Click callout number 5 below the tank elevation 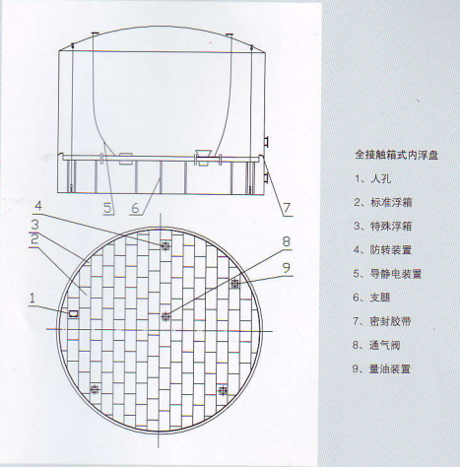(x=108, y=208)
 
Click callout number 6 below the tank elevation (x=136, y=208)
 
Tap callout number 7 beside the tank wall (x=287, y=208)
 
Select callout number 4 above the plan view (x=38, y=206)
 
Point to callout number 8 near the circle (x=287, y=241)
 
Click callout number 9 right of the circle (x=287, y=268)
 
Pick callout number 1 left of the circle (x=33, y=299)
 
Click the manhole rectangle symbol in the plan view (x=74, y=314)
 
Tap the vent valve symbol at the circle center (x=166, y=316)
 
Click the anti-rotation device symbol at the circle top (x=165, y=245)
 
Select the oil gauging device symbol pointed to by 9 (x=234, y=284)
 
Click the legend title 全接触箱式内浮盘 (x=396, y=155)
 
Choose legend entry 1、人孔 (x=372, y=178)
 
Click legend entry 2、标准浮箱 (x=383, y=202)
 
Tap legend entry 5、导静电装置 (x=387, y=274)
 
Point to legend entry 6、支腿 (x=372, y=298)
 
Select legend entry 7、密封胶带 (x=382, y=321)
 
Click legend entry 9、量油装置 (x=381, y=369)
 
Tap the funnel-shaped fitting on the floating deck (x=204, y=154)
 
